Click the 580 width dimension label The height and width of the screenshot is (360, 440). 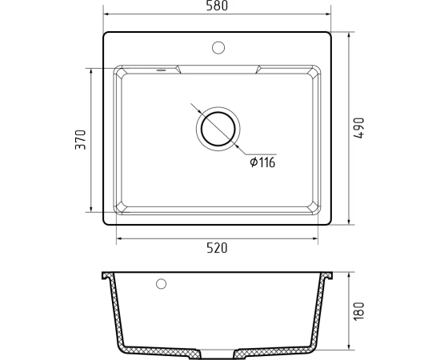click(x=217, y=6)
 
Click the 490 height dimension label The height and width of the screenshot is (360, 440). click(x=359, y=128)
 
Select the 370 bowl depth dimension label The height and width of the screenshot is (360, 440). click(x=81, y=139)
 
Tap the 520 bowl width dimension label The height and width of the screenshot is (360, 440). click(x=217, y=248)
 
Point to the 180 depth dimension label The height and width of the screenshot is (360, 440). click(x=359, y=310)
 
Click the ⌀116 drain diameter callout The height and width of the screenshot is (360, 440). click(x=262, y=162)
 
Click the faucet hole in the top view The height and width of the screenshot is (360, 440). click(x=218, y=48)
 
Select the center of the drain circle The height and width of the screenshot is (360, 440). click(x=218, y=129)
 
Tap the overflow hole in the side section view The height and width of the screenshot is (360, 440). click(x=161, y=284)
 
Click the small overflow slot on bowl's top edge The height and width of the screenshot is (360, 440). click(x=161, y=70)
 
